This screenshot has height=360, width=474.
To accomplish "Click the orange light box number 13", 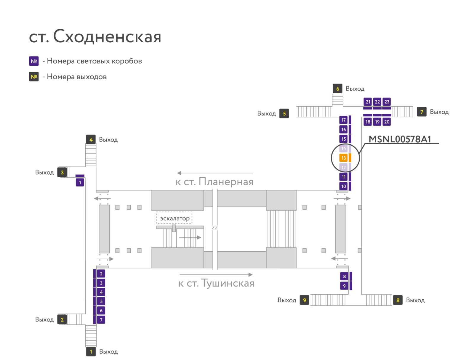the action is coord(343,158).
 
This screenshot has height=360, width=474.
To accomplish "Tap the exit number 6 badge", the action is coord(337,89).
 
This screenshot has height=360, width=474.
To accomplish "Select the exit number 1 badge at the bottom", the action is coord(91,352).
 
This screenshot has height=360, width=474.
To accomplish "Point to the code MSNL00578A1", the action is coord(400,139).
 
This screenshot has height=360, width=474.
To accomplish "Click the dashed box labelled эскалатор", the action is coord(174,218).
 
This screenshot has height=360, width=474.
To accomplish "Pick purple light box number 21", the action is coord(368,102).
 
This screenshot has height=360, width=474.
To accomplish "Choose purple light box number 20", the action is coord(387,122).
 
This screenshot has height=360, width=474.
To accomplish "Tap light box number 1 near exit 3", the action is coord(80,182).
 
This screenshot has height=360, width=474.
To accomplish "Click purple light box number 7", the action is coord(101,320).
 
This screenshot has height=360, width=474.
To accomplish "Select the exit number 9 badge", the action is coord(305,300).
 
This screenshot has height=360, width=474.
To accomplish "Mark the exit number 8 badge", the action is coord(398,300).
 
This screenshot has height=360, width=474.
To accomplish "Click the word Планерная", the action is coord(226,182).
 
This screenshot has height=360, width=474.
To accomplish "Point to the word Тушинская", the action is coord(228,283).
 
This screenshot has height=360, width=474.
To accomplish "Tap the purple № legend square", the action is coord(34,61).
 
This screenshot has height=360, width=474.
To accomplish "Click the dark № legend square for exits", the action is coord(34,77).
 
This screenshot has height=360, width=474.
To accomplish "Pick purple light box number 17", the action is coord(343,120).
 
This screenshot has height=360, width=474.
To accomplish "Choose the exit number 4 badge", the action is coord(91,139).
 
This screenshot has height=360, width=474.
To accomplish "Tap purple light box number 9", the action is coord(344,286).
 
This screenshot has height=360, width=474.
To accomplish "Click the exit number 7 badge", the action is coord(422,112).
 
